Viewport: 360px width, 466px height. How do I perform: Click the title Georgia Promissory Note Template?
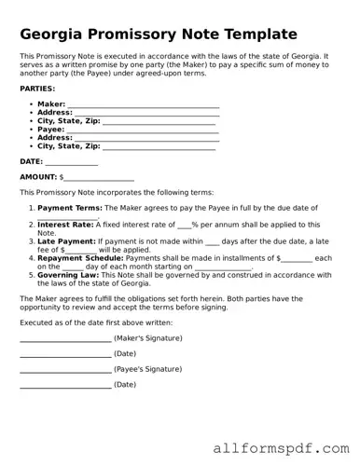pyautogui.click(x=159, y=34)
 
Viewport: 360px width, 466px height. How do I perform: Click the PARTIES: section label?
pyautogui.click(x=36, y=88)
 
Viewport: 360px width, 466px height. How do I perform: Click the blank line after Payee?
pyautogui.click(x=144, y=130)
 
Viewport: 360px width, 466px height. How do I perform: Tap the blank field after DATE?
pyautogui.click(x=72, y=163)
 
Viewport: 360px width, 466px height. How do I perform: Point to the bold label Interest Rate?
pyautogui.click(x=65, y=224)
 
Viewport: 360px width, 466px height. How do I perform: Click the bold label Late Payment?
pyautogui.click(x=66, y=240)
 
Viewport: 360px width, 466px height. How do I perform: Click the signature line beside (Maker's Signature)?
pyautogui.click(x=64, y=338)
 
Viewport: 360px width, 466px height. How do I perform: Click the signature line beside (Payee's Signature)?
pyautogui.click(x=64, y=370)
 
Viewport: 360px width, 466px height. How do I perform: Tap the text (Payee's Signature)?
pyautogui.click(x=147, y=368)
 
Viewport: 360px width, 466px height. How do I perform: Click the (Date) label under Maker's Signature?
pyautogui.click(x=125, y=353)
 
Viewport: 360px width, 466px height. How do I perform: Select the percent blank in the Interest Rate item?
pyautogui.click(x=184, y=226)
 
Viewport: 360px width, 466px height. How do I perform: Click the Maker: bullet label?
pyautogui.click(x=51, y=104)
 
